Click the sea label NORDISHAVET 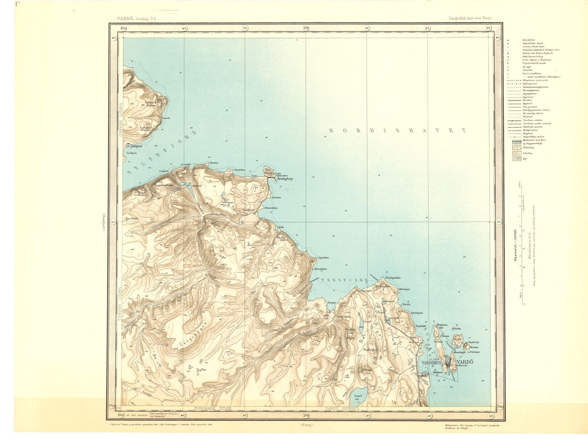coord(397,130)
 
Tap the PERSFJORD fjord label coord(344,280)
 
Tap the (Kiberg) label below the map coord(306,425)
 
